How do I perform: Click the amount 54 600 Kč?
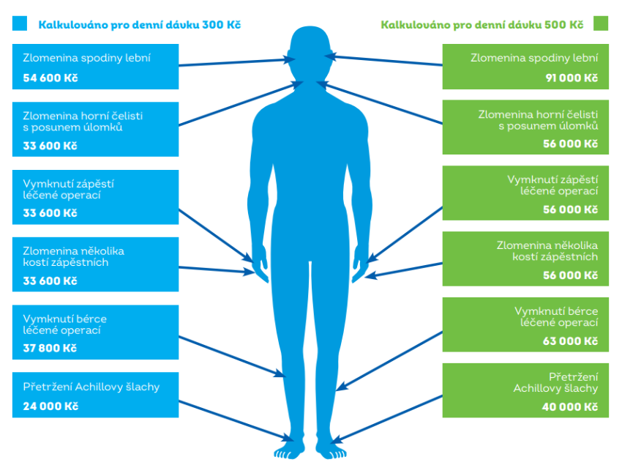click(x=50, y=78)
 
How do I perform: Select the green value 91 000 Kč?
click(x=572, y=78)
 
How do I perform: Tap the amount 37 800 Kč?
click(x=50, y=348)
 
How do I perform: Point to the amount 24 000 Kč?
click(x=50, y=406)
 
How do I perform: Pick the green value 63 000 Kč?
click(x=572, y=341)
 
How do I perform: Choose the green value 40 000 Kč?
click(x=572, y=407)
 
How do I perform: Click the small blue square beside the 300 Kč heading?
click(x=20, y=24)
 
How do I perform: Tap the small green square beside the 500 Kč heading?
click(x=601, y=24)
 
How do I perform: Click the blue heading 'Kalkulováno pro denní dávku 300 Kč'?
click(x=139, y=25)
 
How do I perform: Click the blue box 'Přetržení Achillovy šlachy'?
click(x=95, y=395)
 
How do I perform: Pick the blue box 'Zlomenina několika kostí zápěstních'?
click(x=95, y=261)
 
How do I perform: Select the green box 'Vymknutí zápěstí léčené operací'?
click(x=525, y=193)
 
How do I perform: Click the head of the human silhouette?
click(x=310, y=55)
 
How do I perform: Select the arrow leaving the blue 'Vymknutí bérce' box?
click(x=231, y=357)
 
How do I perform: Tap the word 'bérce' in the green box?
click(x=582, y=310)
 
